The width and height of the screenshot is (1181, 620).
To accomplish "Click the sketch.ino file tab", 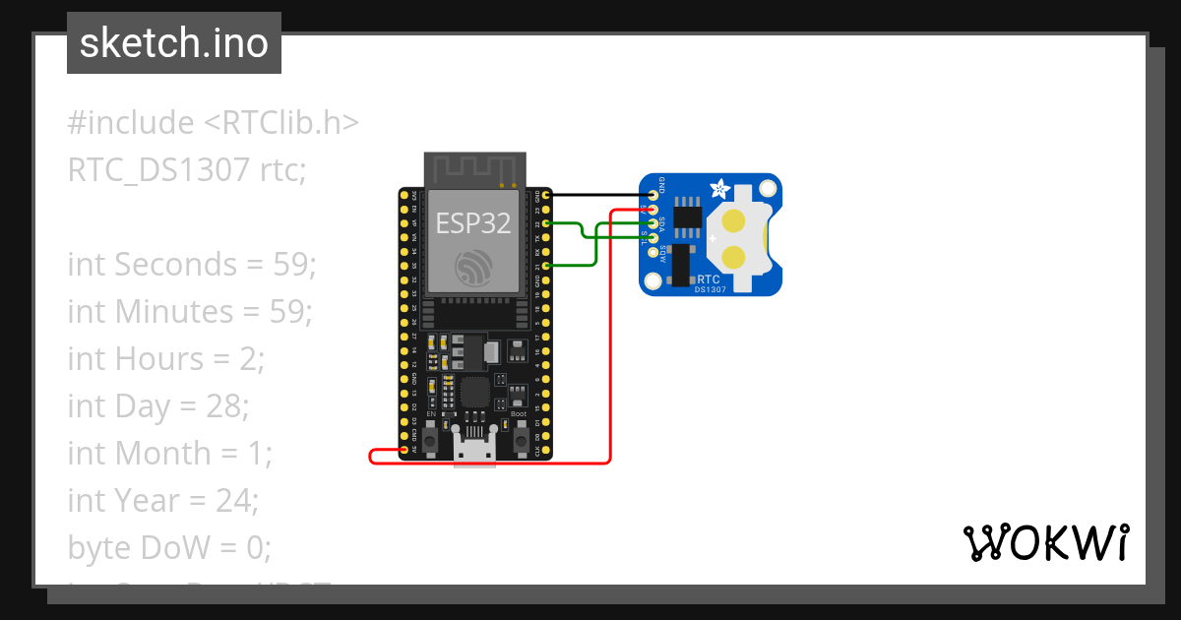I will coord(174,44).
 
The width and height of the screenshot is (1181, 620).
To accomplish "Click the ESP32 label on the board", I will coord(473,222).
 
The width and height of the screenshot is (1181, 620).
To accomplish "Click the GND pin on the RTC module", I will coord(653,196).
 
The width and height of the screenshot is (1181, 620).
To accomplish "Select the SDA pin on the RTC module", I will coord(653,224).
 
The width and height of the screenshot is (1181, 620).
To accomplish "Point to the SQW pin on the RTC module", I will coord(653,252).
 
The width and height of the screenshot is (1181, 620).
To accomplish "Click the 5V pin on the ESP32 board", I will coord(404,450).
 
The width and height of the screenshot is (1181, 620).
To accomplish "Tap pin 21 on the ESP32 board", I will coord(545,266).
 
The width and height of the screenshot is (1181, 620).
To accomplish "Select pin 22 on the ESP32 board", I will coord(545,224).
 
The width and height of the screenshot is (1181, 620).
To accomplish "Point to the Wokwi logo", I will coord(1045,542).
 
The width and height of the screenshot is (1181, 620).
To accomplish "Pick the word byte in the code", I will coord(96,547).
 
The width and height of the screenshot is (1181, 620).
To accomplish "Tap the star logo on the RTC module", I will coord(720,186).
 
